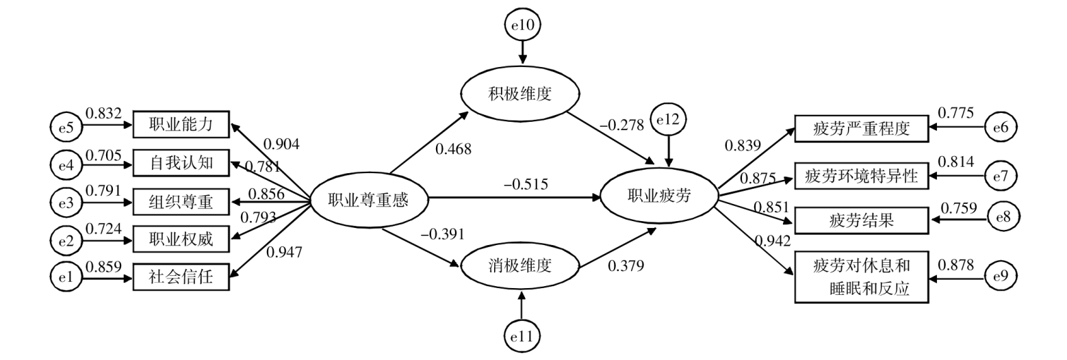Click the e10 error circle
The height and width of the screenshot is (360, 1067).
point(522,25)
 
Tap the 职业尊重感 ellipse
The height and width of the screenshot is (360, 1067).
point(368,199)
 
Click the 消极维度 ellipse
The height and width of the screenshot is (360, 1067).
point(521,265)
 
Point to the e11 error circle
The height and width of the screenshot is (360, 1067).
point(522,335)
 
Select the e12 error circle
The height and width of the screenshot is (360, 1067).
point(669,121)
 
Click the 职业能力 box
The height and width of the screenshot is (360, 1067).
point(181,125)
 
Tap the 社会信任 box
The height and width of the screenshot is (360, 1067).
point(181,277)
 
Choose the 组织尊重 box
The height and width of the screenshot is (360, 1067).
point(181,201)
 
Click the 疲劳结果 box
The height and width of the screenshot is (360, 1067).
point(861,220)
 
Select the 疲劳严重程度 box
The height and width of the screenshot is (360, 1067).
point(861,128)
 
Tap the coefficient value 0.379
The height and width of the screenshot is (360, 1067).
point(626,266)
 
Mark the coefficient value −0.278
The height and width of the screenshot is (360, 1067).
point(621,125)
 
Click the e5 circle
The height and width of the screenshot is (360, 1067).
point(64,126)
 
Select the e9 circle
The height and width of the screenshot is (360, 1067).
point(1000,276)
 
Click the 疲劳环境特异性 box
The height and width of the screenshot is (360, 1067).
point(861,176)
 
